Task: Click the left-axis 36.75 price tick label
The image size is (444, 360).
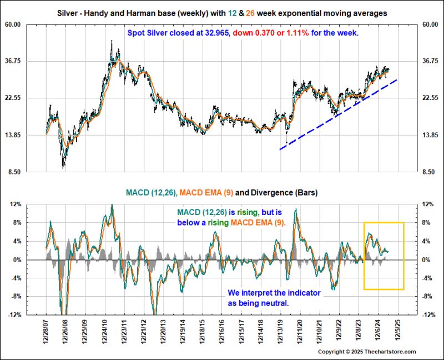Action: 28,61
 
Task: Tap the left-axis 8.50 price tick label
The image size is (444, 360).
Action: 29,172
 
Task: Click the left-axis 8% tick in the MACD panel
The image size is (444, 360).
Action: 31,223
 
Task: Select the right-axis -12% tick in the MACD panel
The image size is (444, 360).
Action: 428,315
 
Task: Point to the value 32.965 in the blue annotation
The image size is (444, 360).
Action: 199,33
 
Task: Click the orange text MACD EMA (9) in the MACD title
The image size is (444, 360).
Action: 206,193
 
